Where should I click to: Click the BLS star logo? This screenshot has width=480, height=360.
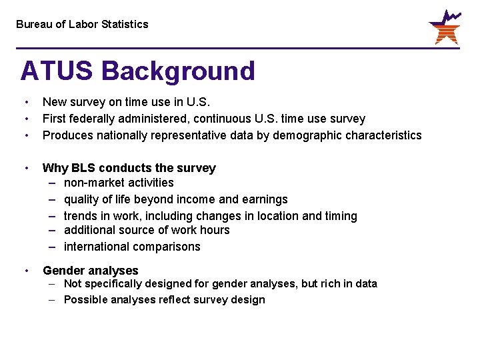pos(444,27)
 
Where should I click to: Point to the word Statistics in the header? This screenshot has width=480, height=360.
pos(125,24)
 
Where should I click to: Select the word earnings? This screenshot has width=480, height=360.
pos(266,199)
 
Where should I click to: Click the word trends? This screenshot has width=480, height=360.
pos(80,216)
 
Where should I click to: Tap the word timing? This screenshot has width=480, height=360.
pos(341,216)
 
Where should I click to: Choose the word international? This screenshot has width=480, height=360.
pos(97,247)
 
